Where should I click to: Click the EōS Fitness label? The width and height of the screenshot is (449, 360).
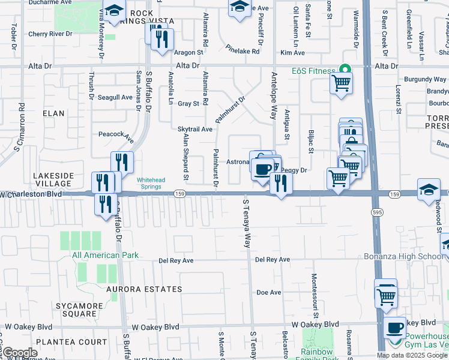point(313,71)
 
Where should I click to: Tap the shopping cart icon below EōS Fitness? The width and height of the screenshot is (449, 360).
point(341,82)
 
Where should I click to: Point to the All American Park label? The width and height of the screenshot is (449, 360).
point(105,255)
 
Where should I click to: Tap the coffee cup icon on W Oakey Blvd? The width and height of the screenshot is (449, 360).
point(394,328)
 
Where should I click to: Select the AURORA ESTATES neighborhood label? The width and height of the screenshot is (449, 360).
point(144,289)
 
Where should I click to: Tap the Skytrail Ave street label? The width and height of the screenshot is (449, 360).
point(195,129)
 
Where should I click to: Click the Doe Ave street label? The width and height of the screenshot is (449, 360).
point(268,293)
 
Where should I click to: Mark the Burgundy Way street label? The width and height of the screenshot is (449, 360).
point(425,79)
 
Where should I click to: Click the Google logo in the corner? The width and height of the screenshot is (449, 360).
point(20,352)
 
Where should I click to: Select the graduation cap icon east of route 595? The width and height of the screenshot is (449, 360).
point(429,190)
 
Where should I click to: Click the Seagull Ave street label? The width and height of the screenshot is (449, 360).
point(115,97)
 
